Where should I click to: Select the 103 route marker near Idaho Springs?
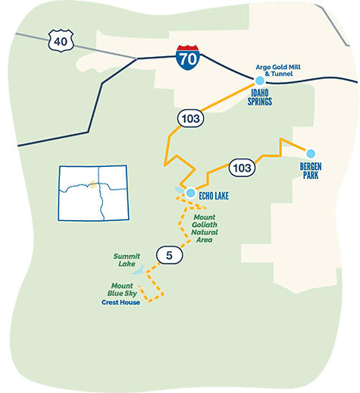coord(189,118)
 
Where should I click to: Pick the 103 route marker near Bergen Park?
coord(241,168)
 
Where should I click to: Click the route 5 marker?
coord(169,256)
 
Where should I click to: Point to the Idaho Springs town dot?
coord(260,80)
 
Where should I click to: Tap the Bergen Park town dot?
coord(310,152)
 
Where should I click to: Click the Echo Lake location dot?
coord(191,193)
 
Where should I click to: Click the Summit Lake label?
coord(127,260)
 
